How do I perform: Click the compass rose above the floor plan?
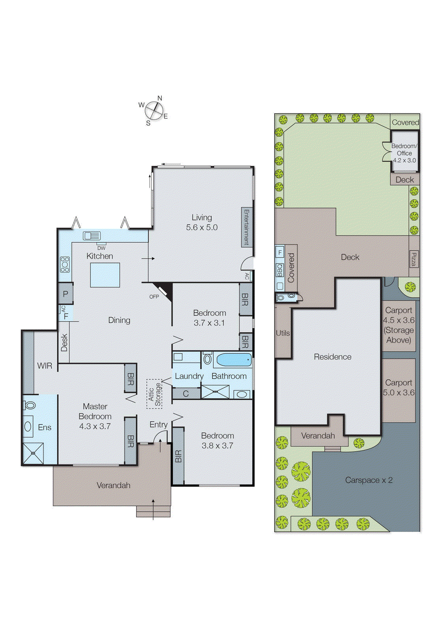point(154,111)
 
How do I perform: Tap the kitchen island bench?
point(105,275)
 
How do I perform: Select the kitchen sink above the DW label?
point(92,236)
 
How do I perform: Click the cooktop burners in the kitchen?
point(65,264)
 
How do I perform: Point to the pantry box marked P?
point(65,293)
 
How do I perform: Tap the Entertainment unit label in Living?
point(246,227)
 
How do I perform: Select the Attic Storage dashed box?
point(154,394)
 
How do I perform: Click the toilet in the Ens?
point(30,405)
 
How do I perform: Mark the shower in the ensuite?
point(33,453)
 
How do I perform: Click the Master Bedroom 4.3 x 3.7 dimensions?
point(95,427)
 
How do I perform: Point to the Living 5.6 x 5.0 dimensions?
point(202,228)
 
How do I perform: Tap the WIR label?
point(45,366)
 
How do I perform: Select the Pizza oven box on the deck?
point(413,259)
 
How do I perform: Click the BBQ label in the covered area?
point(280,270)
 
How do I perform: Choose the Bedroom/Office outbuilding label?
point(404,153)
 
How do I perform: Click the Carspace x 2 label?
point(368,480)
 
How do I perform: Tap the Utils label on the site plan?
point(282,333)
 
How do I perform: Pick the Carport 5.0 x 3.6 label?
point(398,387)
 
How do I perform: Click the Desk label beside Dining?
point(64,342)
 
